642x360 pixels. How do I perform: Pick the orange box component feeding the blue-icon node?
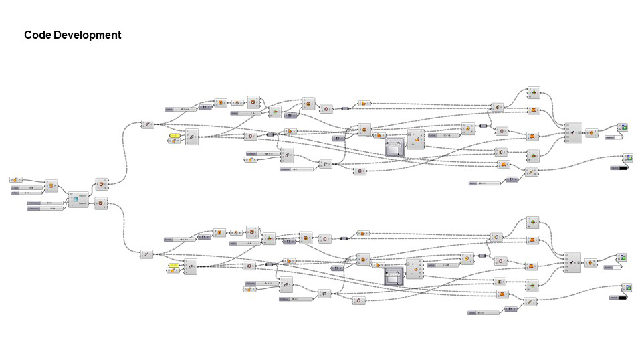(51, 185)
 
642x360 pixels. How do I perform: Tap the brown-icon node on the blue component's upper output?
(100, 183)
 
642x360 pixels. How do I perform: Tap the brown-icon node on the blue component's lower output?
(100, 203)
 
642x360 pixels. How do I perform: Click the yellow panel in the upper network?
(175, 135)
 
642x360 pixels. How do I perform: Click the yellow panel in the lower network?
(174, 265)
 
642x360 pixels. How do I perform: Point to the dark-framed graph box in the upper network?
(396, 146)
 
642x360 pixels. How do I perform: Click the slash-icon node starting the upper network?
(148, 124)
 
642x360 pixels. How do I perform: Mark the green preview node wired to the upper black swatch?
(629, 157)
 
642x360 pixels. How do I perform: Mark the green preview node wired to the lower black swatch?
(628, 288)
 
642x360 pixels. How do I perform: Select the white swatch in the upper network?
(611, 137)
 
